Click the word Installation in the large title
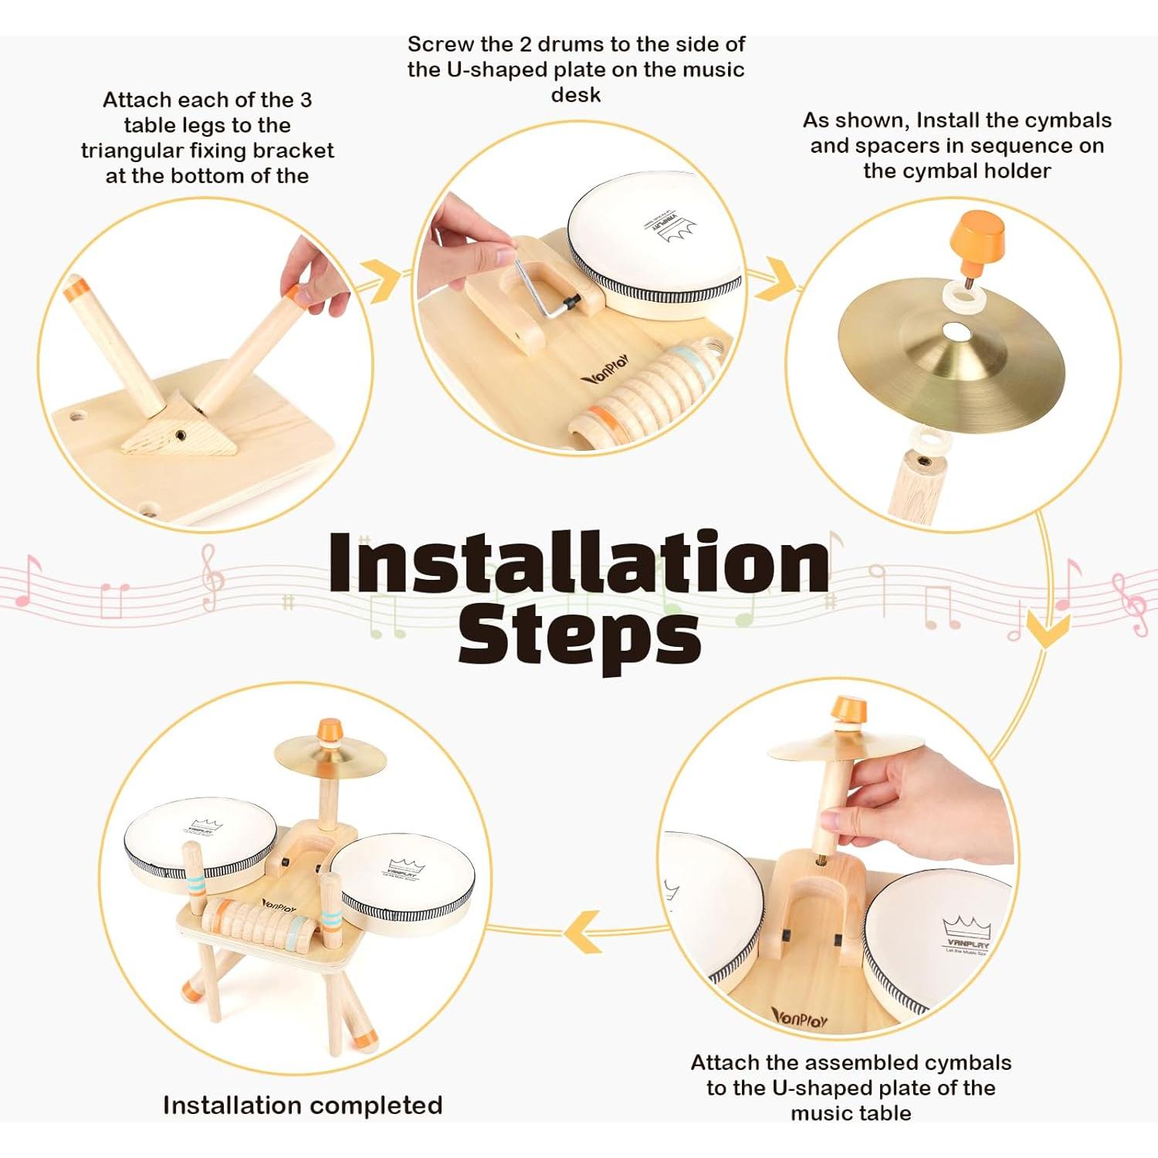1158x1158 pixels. click(x=579, y=564)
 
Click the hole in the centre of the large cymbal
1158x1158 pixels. click(x=958, y=332)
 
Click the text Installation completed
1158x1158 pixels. click(x=303, y=1105)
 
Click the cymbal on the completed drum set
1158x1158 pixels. click(x=330, y=755)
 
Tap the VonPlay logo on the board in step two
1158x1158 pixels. click(x=606, y=370)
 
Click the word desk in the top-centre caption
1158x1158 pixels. click(x=576, y=95)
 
